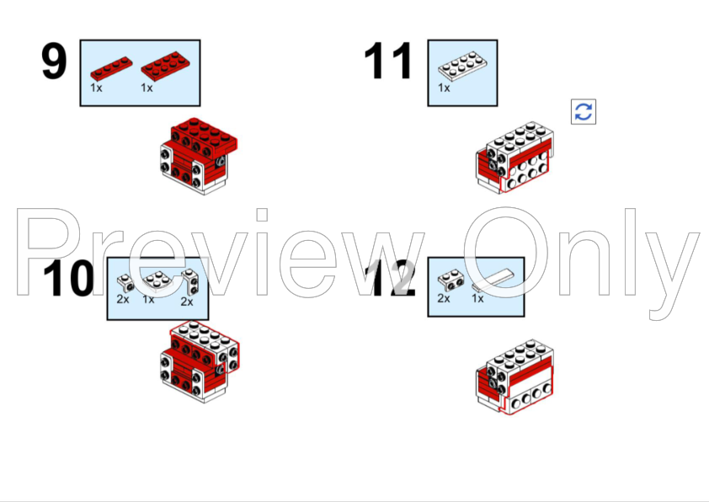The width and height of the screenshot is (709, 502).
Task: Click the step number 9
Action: pos(54,61)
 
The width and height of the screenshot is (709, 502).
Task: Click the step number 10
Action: pos(69,278)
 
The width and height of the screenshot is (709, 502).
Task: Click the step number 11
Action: pos(388,61)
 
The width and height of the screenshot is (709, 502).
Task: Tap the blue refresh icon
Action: pos(584,111)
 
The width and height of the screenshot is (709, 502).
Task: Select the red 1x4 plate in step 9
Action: pos(111,68)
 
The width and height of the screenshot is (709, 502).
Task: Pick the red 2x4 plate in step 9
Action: pos(165,66)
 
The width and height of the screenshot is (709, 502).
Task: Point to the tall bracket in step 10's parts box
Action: pos(190,282)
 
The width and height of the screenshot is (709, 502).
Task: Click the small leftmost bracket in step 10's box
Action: pos(125,283)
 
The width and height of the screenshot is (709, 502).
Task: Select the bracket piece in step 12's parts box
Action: pos(450,280)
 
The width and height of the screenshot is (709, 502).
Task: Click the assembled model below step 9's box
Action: pos(199,156)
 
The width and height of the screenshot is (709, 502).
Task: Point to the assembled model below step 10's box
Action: pos(200,361)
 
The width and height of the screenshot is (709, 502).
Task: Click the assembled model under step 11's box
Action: pos(514,158)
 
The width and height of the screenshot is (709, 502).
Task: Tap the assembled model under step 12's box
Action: pos(514,376)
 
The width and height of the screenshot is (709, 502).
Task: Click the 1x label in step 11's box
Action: pos(444,88)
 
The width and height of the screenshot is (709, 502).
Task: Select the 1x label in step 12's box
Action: pos(477,298)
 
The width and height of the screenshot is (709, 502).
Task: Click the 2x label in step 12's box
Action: pos(444,298)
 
